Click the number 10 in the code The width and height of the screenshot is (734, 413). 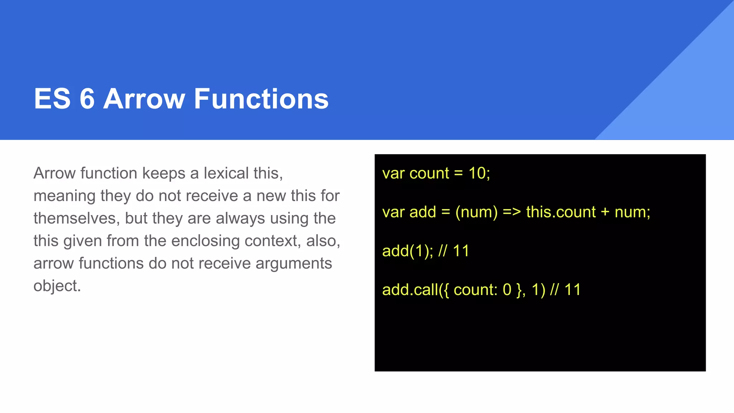coord(477,173)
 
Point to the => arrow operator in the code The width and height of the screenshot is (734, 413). coord(512,212)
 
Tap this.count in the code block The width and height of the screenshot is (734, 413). coord(561,212)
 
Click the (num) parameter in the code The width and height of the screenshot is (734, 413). coord(476,212)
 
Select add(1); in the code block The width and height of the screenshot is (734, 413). coord(407,251)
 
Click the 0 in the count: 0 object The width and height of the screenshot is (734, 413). coord(507,290)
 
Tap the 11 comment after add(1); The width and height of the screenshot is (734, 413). coord(461,251)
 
